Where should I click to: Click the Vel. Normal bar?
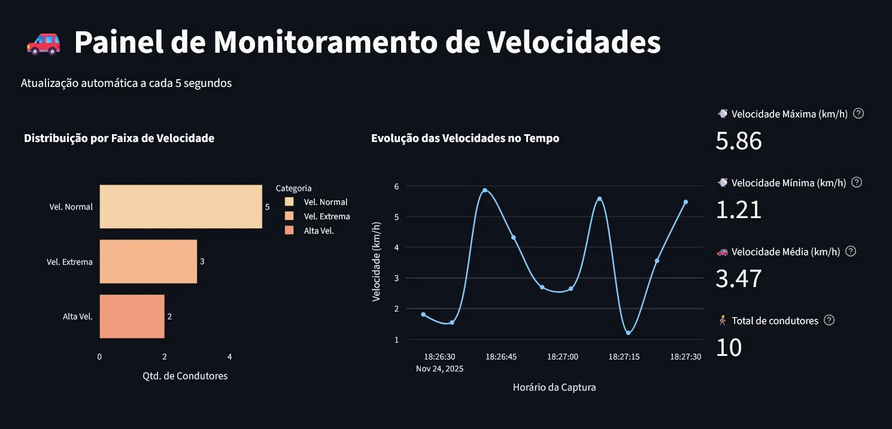(180, 207)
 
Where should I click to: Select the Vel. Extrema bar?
(148, 262)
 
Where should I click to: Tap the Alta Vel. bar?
(132, 316)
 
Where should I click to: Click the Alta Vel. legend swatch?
(290, 231)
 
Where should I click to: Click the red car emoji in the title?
(44, 43)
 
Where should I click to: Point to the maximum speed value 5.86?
(739, 141)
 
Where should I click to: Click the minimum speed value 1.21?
(739, 210)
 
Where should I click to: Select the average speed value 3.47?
(739, 279)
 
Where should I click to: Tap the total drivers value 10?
(729, 348)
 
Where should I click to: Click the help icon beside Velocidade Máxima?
(858, 113)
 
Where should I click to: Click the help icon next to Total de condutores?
(829, 320)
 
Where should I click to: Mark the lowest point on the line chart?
(628, 333)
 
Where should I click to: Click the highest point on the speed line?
(484, 191)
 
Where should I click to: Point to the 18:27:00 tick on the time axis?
(562, 357)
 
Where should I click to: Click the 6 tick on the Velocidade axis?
(396, 186)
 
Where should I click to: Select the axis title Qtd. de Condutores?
(185, 376)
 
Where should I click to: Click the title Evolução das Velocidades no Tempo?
(465, 138)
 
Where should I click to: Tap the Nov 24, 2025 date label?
(439, 368)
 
